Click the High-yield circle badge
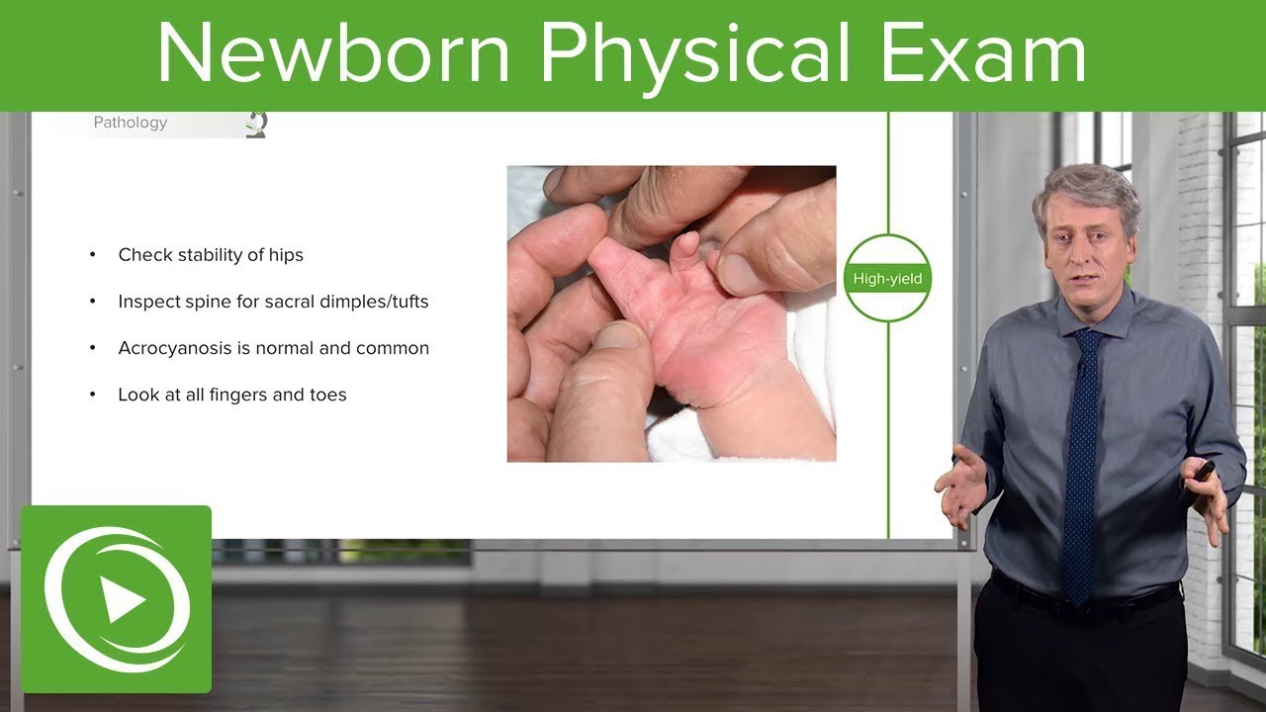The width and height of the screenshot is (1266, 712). click(887, 278)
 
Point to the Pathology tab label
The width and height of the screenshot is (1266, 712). click(130, 123)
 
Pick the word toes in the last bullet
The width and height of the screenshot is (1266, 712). click(327, 395)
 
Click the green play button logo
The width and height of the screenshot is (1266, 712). click(117, 599)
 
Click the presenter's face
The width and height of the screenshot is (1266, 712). click(1084, 242)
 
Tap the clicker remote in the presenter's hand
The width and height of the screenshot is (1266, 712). click(1205, 471)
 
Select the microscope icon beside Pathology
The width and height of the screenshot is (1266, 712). click(256, 124)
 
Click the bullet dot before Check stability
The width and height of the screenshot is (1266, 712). click(93, 255)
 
